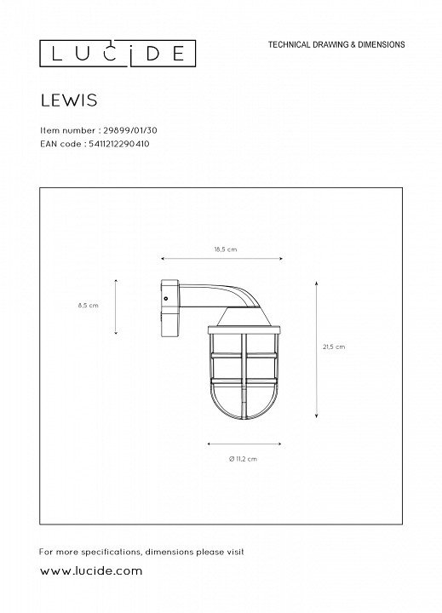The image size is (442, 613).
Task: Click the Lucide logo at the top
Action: click(118, 53)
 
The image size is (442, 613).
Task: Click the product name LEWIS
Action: click(69, 100)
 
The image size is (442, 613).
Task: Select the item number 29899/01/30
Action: click(129, 130)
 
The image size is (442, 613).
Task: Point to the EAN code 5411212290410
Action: click(119, 144)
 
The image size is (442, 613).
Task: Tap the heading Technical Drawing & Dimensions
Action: click(336, 44)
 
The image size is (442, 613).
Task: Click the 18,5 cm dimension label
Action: click(226, 249)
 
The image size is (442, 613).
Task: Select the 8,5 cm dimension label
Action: click(88, 306)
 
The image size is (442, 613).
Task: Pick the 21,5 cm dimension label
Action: click(334, 347)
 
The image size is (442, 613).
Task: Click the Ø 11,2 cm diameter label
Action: click(243, 459)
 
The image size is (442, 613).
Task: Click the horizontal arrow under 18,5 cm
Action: click(221, 259)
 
